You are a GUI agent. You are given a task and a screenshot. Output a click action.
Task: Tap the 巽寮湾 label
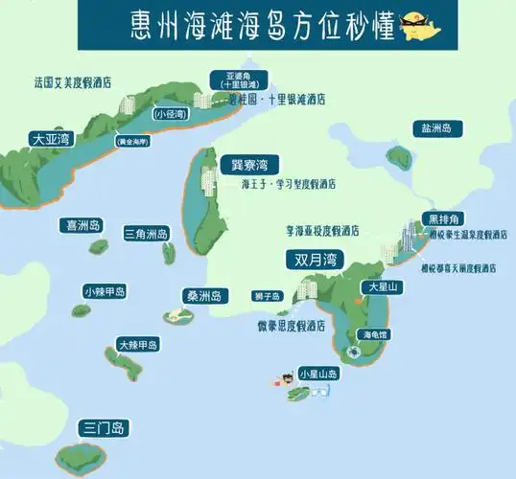coord(242,164)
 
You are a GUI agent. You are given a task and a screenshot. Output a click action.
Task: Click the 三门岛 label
coord(105,427)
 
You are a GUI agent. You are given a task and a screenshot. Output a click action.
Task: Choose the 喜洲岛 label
coord(82,226)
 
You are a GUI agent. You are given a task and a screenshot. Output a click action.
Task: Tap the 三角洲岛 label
coord(147,234)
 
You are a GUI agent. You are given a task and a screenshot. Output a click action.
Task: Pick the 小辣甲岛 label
coord(106,291)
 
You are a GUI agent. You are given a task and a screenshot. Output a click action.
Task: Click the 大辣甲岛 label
coord(137,344)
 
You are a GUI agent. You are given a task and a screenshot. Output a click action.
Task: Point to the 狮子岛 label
coord(268,296)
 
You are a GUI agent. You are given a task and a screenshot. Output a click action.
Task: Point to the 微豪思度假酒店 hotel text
coord(291,325)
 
